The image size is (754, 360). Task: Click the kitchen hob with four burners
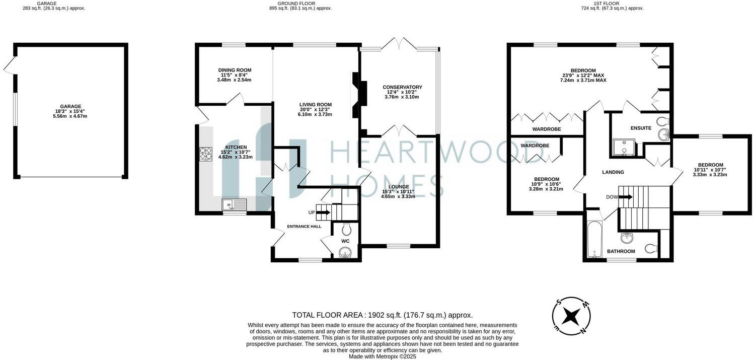coord(205,154)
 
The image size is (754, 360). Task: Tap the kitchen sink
coord(235,204)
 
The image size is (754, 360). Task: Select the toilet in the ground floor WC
coord(346,230)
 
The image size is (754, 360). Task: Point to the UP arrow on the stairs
coord(323,212)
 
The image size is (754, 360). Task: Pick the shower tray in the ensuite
coord(623,147)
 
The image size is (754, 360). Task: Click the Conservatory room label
coord(402,87)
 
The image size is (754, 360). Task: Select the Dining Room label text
coord(235,70)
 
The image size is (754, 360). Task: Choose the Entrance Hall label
coord(304,227)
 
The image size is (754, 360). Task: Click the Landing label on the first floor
coord(613,172)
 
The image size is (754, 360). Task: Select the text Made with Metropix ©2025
coord(383,356)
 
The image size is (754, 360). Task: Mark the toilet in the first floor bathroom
coord(651,247)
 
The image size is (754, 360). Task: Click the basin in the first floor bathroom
coord(626,237)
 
